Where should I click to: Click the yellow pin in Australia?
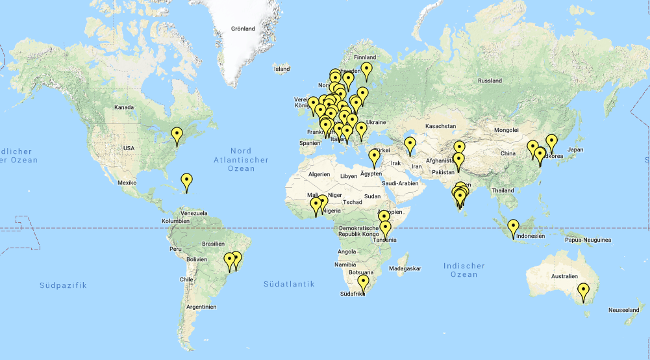coord(584,290)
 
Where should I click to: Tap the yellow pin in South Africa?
coord(363,282)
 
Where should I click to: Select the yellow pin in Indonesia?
coord(514,227)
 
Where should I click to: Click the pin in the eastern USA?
coord(177,135)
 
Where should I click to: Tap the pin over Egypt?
coord(374,156)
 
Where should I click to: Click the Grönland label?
coord(243,29)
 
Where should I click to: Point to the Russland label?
coord(490,81)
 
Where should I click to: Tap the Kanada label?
coord(123,107)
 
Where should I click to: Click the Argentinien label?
coord(200,305)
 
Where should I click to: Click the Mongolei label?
coord(506,130)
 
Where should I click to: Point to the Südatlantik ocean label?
coord(289,284)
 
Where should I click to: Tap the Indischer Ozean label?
coord(464,270)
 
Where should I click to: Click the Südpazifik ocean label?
coord(62,285)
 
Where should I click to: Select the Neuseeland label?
coord(624,311)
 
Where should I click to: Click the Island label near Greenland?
coord(282,68)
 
